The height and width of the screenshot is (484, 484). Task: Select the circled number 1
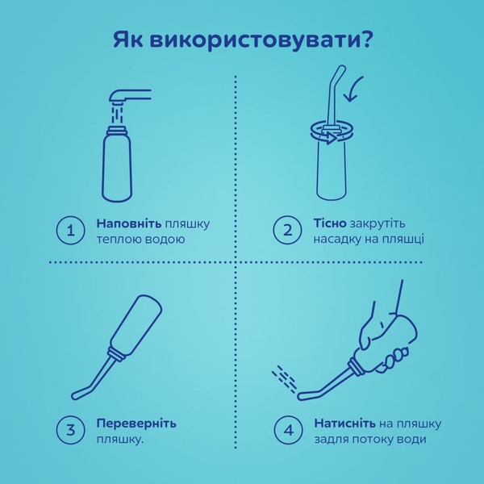pos(70,231)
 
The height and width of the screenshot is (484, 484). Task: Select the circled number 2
pos(287,231)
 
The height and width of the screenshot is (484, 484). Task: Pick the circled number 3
pos(70,430)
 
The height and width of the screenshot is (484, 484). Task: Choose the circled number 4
pos(287,430)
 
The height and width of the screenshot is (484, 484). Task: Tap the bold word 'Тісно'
pos(331,223)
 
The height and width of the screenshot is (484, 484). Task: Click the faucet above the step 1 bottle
pos(130,96)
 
